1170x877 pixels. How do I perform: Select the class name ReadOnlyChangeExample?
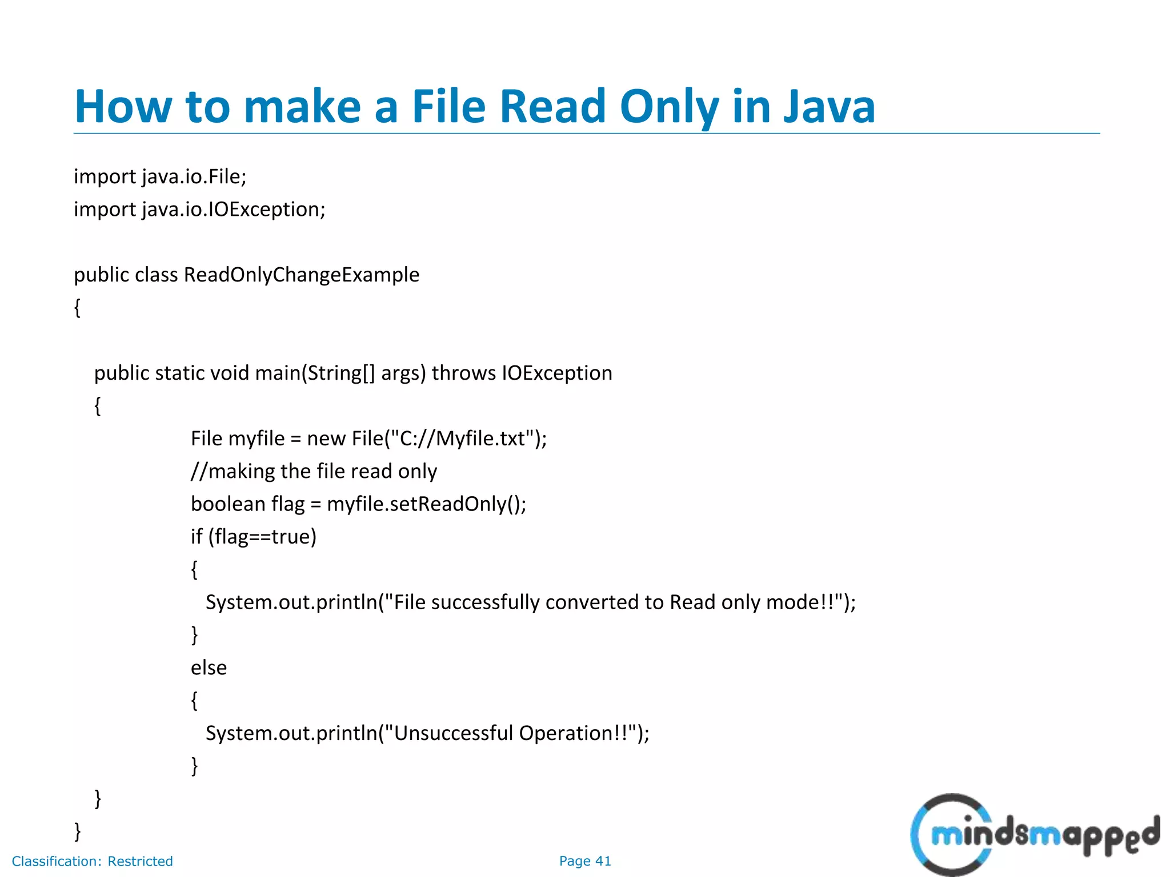pyautogui.click(x=302, y=275)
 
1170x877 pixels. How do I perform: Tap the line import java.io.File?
pyautogui.click(x=160, y=176)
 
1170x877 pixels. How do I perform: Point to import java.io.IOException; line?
pyautogui.click(x=199, y=210)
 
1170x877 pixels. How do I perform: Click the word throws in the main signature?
pyautogui.click(x=463, y=373)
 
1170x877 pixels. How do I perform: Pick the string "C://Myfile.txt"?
pyautogui.click(x=463, y=438)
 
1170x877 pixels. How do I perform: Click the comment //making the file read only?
pyautogui.click(x=314, y=471)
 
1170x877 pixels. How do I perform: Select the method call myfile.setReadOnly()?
pyautogui.click(x=426, y=504)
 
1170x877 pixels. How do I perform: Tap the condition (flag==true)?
pyautogui.click(x=262, y=537)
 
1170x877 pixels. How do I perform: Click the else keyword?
pyautogui.click(x=209, y=667)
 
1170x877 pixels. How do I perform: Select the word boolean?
pyautogui.click(x=228, y=504)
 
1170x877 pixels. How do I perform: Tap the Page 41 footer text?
pyautogui.click(x=585, y=861)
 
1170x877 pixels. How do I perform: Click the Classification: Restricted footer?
pyautogui.click(x=92, y=861)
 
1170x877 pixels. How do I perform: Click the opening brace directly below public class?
pyautogui.click(x=78, y=308)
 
